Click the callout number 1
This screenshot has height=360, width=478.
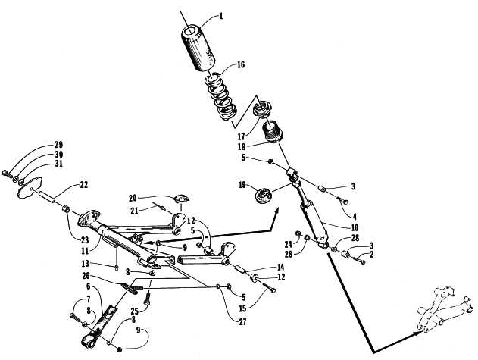(221, 16)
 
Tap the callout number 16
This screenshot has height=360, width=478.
(241, 64)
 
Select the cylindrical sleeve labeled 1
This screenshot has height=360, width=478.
(198, 49)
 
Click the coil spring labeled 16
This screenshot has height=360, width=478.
(221, 96)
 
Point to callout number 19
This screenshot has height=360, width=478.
(242, 185)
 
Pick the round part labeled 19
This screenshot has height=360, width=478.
(264, 196)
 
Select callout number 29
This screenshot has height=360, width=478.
(58, 144)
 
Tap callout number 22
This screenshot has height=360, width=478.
(83, 185)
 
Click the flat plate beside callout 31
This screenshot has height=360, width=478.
(30, 187)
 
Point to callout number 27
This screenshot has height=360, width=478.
(242, 322)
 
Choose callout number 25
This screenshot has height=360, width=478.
(134, 311)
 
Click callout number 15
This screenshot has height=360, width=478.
(242, 308)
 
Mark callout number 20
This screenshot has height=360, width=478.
(133, 199)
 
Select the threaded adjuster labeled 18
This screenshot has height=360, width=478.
(273, 131)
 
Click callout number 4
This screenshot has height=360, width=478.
(355, 217)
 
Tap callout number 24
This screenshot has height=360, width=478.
(289, 244)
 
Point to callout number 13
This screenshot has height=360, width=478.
(86, 264)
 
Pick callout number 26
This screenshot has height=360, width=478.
(86, 276)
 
